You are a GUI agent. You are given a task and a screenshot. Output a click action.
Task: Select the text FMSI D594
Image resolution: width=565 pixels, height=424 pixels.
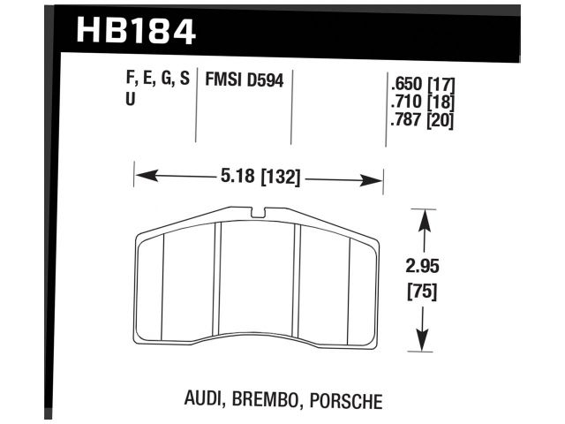tap(245, 79)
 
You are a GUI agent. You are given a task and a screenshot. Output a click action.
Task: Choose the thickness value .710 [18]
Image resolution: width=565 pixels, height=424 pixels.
tap(421, 104)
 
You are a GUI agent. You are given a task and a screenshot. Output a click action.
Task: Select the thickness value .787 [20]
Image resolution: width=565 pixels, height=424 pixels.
tap(421, 121)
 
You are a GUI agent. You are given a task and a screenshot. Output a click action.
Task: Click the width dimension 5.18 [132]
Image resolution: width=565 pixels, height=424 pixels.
tap(258, 178)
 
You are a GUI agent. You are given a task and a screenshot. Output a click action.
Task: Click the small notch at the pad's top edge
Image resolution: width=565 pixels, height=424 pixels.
tap(258, 212)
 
